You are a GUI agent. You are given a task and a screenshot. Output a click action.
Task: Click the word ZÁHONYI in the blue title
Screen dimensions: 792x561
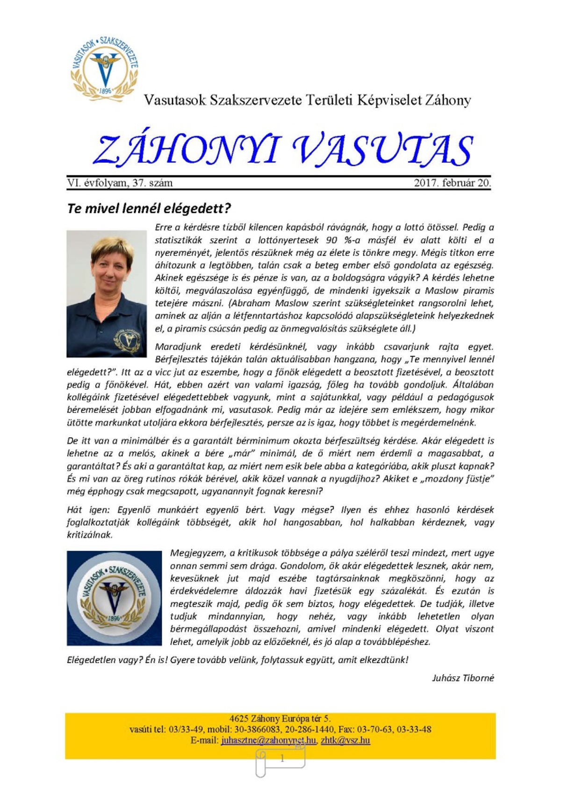pos(187,150)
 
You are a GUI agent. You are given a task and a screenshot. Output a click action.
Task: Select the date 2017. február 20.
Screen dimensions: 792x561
pos(452,183)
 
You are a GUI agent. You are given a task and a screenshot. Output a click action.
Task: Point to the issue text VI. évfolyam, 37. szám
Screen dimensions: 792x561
pos(120,183)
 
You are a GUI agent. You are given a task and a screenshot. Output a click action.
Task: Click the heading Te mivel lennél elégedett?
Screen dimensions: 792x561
pos(149,208)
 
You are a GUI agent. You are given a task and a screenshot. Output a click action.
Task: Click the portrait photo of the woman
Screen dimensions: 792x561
pos(107,293)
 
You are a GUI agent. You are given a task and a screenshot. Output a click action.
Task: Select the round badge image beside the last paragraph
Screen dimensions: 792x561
pos(114,598)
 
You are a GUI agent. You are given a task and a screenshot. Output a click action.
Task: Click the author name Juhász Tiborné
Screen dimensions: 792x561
pos(463,678)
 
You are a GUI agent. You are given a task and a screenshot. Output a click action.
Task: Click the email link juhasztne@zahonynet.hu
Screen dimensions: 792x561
pos(269,740)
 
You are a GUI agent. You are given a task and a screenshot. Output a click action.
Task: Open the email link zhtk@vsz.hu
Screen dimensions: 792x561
pos(345,740)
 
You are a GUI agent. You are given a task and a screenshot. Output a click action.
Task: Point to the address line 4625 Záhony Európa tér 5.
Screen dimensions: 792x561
pos(280,719)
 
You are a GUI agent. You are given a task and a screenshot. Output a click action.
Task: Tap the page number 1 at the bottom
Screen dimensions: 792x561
pos(282,758)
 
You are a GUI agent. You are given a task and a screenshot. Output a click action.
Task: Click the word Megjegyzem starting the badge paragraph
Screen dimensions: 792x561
pos(197,553)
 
